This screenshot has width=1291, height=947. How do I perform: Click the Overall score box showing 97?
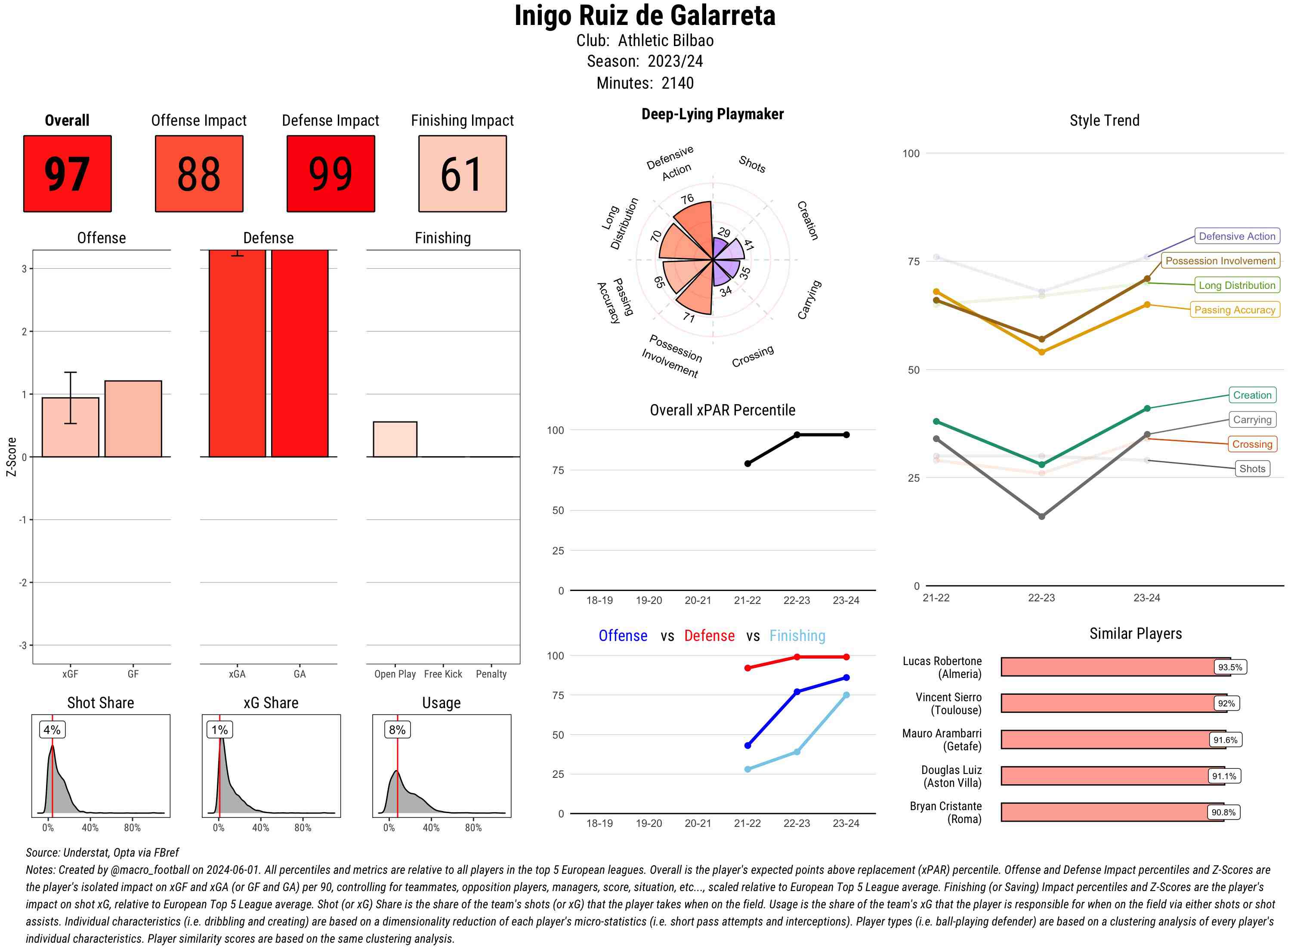(67, 174)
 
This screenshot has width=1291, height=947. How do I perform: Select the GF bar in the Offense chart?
(133, 418)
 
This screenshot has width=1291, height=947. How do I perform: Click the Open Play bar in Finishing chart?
(395, 439)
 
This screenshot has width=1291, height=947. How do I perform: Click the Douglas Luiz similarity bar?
(1112, 776)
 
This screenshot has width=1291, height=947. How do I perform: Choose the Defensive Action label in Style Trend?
(1237, 236)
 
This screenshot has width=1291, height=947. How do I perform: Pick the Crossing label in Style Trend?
(1251, 444)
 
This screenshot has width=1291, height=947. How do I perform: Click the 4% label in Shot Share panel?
(52, 730)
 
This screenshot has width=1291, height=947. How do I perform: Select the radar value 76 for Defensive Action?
(687, 199)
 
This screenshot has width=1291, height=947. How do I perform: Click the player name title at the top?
(645, 15)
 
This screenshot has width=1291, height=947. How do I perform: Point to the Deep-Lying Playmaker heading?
(712, 114)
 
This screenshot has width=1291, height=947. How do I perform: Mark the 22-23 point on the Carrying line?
(1041, 517)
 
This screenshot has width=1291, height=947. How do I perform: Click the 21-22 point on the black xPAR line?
(747, 463)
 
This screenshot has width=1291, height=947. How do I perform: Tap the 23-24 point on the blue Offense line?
(846, 678)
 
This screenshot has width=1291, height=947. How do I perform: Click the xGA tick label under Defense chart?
(237, 674)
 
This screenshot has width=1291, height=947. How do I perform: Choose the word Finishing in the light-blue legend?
(797, 636)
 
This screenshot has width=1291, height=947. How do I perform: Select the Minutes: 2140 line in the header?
(645, 83)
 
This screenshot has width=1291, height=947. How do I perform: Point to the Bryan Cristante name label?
(945, 812)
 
